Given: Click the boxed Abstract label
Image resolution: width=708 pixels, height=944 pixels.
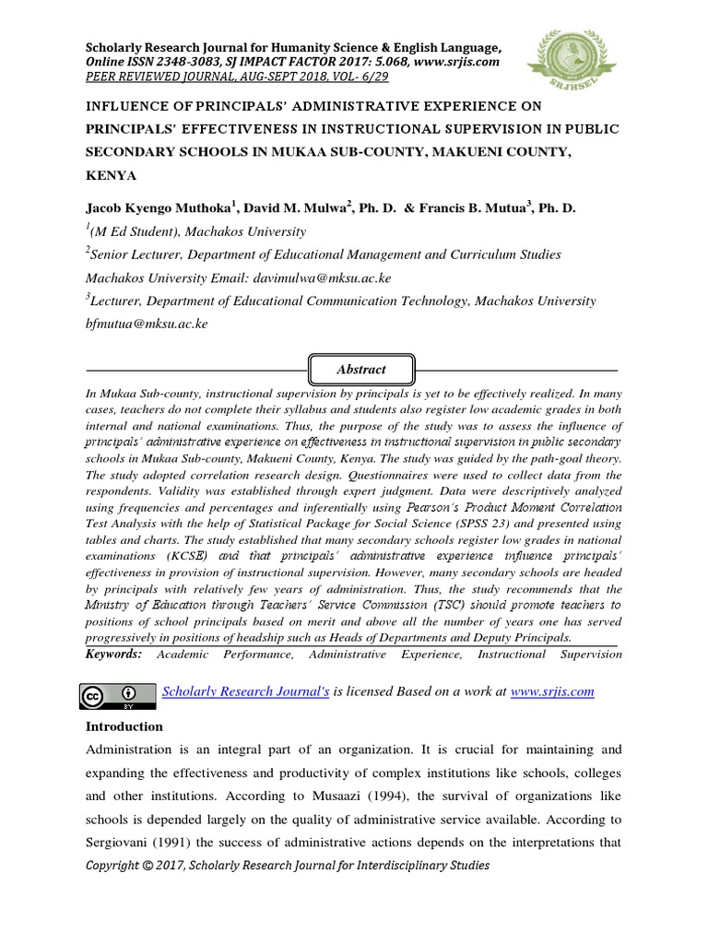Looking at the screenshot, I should pyautogui.click(x=360, y=369).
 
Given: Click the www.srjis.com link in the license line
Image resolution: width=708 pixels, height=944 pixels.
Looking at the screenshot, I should pyautogui.click(x=552, y=690).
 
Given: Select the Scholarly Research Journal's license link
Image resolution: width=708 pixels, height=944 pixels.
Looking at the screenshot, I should pyautogui.click(x=245, y=690).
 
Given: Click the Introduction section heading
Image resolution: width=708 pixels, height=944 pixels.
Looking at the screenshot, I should pyautogui.click(x=124, y=726).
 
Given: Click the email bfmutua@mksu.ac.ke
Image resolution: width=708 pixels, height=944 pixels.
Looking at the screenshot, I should pyautogui.click(x=147, y=324).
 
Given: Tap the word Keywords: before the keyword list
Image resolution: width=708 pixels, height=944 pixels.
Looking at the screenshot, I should pyautogui.click(x=114, y=654).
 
